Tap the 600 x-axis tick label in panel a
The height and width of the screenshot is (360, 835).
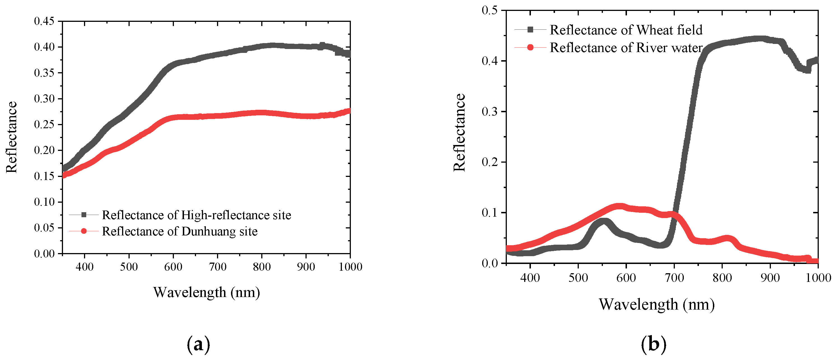click(x=173, y=267)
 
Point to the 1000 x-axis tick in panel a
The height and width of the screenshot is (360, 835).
click(x=350, y=267)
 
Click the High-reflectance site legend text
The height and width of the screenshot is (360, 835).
click(x=197, y=215)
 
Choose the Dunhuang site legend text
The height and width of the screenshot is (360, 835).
click(x=179, y=231)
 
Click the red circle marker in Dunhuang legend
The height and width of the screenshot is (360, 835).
click(x=84, y=231)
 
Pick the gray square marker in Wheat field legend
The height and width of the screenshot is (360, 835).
click(x=530, y=29)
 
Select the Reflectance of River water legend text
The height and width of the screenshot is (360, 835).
click(x=626, y=48)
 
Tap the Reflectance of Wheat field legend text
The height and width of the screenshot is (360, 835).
click(x=626, y=30)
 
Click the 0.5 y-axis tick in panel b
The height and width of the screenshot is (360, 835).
click(x=489, y=10)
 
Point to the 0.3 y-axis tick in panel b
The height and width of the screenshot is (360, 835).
click(x=489, y=111)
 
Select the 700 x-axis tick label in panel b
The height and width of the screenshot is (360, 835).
click(x=674, y=278)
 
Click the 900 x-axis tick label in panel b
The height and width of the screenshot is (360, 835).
click(x=770, y=278)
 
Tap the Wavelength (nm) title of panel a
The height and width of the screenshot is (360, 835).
click(x=206, y=292)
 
